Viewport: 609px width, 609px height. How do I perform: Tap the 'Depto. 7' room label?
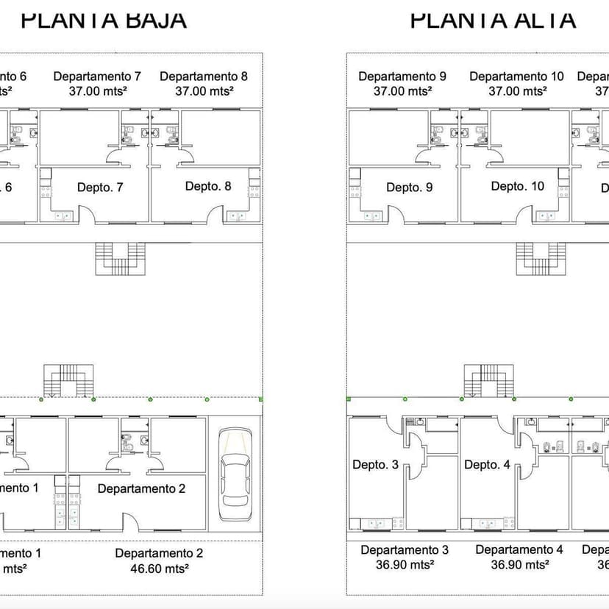click(100, 188)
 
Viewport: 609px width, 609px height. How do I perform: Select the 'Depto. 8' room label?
click(208, 186)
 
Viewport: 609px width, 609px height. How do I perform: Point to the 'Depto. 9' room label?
click(410, 188)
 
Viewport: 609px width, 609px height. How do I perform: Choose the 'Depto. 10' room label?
click(518, 186)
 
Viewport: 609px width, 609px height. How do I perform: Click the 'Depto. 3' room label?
click(375, 465)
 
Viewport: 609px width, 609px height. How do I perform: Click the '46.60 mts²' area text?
click(160, 568)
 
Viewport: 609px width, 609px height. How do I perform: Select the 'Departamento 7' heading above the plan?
click(97, 76)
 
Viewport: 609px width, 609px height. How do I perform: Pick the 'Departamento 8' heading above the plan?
click(204, 76)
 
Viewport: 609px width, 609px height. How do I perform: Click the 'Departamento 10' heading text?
click(516, 76)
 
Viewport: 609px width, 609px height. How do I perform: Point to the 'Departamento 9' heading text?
click(402, 76)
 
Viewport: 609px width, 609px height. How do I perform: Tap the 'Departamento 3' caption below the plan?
click(405, 550)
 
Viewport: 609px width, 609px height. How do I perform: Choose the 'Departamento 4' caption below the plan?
click(519, 550)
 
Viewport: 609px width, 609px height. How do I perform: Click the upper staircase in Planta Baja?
click(122, 258)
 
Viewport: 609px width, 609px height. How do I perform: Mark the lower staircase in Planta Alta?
click(484, 380)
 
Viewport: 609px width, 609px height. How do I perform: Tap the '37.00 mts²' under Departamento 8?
click(204, 90)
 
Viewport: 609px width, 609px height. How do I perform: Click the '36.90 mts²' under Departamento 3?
click(405, 565)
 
